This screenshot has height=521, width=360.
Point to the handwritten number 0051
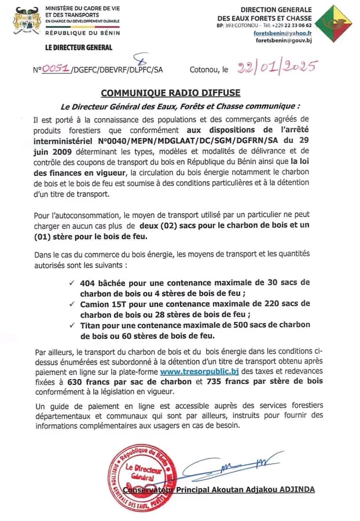pos(55,69)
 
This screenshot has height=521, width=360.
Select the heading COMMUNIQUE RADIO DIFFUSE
pos(170,93)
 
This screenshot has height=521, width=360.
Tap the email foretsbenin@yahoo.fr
pos(282,33)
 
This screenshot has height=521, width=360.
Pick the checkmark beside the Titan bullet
pos(71,325)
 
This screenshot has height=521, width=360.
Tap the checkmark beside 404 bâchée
pos(71,282)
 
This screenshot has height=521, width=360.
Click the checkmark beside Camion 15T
pos(71,304)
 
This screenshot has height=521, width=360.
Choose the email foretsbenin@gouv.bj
pos(283,41)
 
